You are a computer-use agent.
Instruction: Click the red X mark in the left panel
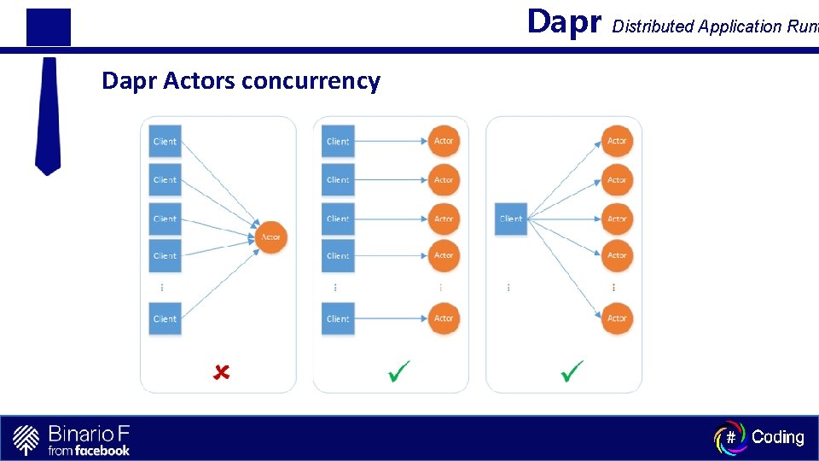221,372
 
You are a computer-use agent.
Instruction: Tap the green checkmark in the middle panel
398,371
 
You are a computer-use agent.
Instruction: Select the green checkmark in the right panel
572,371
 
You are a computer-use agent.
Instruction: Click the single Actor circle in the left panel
270,237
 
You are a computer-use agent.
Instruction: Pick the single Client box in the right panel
511,219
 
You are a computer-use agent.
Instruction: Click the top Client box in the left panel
165,141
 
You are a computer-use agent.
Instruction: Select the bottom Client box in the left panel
165,318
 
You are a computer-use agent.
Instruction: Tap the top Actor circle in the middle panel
444,141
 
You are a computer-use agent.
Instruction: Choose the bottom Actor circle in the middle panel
444,318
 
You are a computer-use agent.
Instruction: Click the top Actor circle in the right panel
617,141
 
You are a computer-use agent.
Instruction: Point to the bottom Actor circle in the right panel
617,318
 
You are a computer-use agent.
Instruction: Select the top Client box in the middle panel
338,141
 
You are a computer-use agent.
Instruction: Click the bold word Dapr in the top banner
564,21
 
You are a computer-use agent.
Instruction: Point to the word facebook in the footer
102,450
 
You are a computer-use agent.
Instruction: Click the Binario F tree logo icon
26,439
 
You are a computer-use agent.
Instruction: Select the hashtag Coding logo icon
730,437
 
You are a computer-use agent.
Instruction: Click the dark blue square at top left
49,26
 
